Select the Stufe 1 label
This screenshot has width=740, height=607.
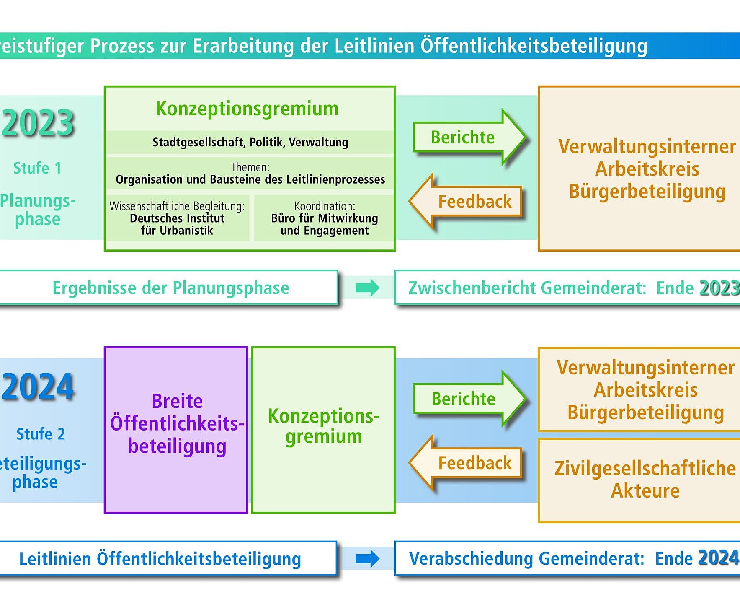click(x=37, y=168)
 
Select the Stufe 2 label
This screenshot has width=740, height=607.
click(x=41, y=434)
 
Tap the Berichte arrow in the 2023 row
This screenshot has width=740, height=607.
click(x=469, y=137)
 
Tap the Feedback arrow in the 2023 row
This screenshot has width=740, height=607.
click(x=466, y=202)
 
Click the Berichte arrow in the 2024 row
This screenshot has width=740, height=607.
click(x=469, y=399)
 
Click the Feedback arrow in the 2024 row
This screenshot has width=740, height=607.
click(x=466, y=463)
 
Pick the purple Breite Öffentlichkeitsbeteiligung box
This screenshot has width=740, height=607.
click(x=176, y=430)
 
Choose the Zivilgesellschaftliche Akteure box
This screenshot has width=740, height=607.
click(x=639, y=480)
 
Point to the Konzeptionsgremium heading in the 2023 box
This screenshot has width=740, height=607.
click(x=247, y=109)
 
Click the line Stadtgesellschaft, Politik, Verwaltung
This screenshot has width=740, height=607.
click(x=250, y=143)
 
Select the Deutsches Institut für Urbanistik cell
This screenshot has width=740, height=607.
click(x=177, y=218)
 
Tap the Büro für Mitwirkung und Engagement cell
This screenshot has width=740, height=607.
click(x=324, y=218)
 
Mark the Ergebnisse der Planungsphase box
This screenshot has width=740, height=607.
click(x=168, y=288)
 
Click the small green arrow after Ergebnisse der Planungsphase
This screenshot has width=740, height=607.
click(x=367, y=288)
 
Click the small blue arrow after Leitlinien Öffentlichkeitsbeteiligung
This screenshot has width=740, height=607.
click(x=367, y=558)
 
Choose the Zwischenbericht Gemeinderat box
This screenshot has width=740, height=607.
click(x=567, y=288)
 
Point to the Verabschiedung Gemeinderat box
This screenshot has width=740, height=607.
click(x=567, y=558)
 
